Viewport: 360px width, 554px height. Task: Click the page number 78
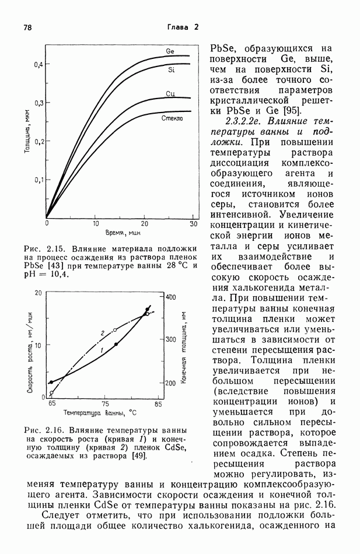point(27,27)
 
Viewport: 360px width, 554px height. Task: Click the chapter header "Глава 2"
point(183,27)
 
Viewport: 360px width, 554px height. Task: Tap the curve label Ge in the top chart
point(170,51)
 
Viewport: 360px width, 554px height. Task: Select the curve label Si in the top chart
point(172,70)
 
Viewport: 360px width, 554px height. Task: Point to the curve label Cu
point(170,94)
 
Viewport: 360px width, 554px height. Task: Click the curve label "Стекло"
point(173,118)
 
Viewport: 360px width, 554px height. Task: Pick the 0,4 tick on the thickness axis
point(37,64)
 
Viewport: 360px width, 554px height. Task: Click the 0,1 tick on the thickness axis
point(37,180)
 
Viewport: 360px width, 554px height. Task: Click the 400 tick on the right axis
point(170,297)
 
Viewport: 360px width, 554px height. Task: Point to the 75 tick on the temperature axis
point(105,404)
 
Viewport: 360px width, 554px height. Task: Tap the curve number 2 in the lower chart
point(103,333)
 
